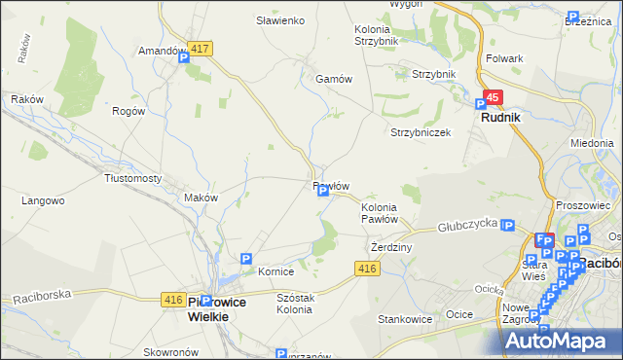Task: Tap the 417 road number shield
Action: pos(202,48)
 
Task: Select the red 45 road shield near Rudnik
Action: pos(494,97)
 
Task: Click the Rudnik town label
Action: pos(500,117)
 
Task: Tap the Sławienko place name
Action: pos(280,20)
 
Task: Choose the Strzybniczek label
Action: pos(421,132)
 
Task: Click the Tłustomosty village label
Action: pos(132,178)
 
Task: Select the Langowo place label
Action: pos(43,200)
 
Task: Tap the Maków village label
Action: pos(201,198)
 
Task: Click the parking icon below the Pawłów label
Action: pos(322,192)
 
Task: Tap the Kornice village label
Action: pos(275,272)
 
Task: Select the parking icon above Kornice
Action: pos(246,260)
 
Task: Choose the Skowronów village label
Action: pos(170,352)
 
